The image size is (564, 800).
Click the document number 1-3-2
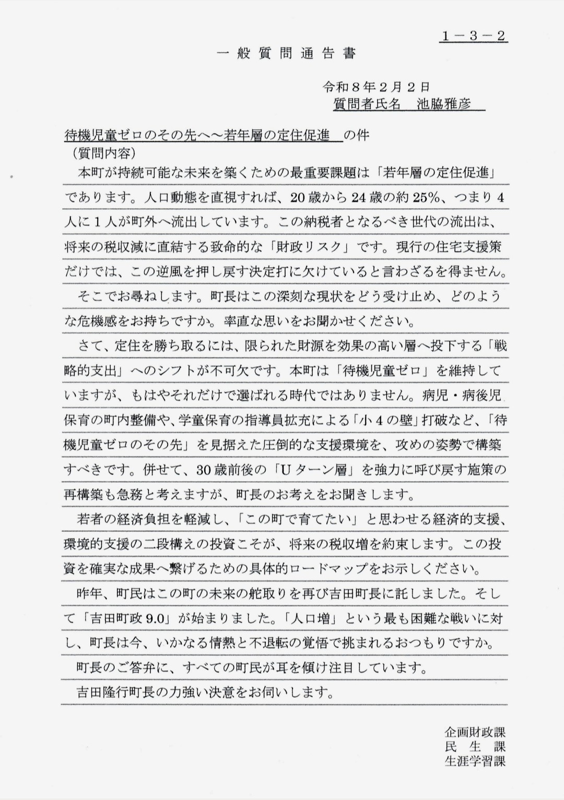click(474, 36)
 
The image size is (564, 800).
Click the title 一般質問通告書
click(286, 53)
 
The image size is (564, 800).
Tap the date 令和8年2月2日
click(376, 86)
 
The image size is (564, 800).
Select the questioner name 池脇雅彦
click(444, 103)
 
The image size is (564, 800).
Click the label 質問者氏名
click(367, 103)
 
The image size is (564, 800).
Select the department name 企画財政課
click(475, 732)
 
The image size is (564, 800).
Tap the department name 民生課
click(475, 746)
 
